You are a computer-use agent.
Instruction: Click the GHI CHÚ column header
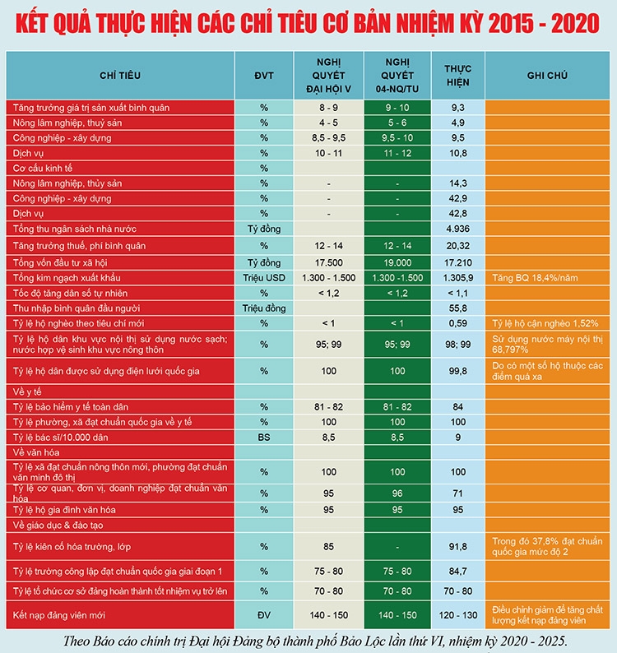click(x=547, y=76)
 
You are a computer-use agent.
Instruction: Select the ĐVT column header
click(x=264, y=76)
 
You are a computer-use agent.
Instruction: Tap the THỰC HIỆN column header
click(x=458, y=76)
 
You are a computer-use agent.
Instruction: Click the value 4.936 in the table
click(x=458, y=229)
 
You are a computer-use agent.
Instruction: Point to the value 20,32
click(x=458, y=246)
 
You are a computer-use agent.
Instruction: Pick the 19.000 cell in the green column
click(x=397, y=263)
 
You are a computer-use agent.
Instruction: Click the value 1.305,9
click(x=458, y=278)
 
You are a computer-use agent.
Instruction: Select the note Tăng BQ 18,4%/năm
click(x=535, y=278)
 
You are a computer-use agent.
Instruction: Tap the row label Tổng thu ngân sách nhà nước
click(x=75, y=229)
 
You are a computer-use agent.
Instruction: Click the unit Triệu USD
click(x=264, y=278)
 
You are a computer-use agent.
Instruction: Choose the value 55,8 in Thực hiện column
click(x=458, y=308)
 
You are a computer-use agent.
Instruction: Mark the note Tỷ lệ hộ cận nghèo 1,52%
click(x=545, y=323)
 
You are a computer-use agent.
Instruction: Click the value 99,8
click(x=458, y=371)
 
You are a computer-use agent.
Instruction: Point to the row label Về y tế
click(x=27, y=392)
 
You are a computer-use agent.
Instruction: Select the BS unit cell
click(x=264, y=438)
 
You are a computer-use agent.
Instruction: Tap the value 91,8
click(x=458, y=546)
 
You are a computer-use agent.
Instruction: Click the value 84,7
click(x=458, y=572)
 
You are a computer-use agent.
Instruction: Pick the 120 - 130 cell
click(x=458, y=615)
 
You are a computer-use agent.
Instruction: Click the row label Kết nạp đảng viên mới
click(x=58, y=615)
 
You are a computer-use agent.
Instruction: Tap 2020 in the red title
click(x=575, y=23)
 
